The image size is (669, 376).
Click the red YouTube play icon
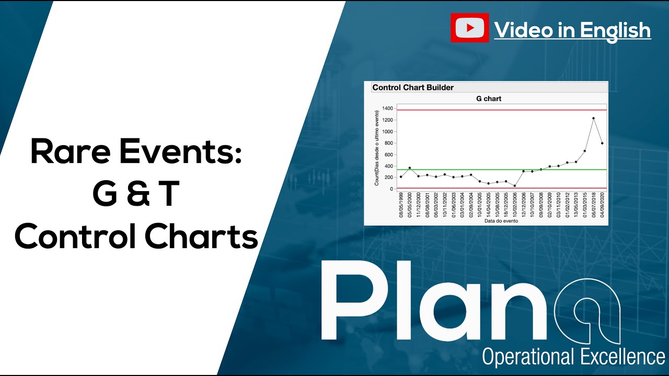[469, 28]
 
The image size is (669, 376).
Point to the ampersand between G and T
[136, 194]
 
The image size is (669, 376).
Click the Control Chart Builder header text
[413, 88]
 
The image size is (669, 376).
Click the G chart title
[489, 98]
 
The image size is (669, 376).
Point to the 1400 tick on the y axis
[387, 108]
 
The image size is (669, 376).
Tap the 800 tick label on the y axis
[388, 143]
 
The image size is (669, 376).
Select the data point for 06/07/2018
[594, 119]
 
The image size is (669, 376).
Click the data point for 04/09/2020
[602, 143]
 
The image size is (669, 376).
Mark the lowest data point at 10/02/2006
[515, 186]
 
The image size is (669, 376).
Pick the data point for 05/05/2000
[410, 168]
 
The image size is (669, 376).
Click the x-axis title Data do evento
[501, 221]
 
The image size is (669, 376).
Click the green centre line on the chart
[460, 170]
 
